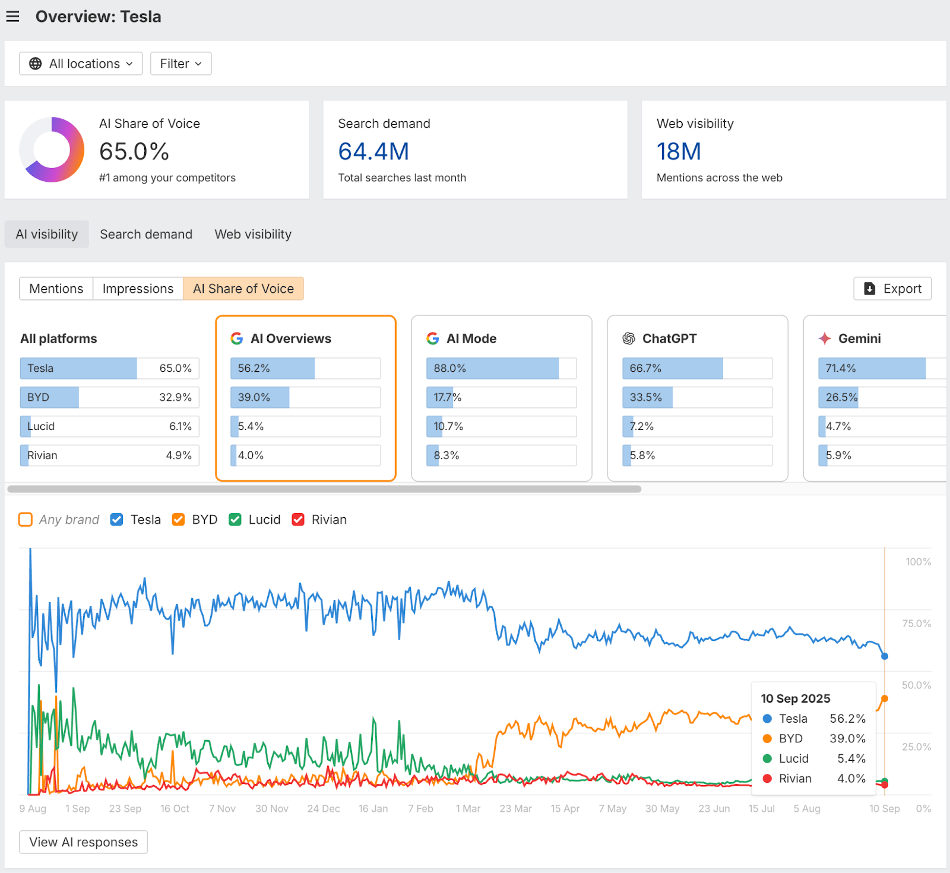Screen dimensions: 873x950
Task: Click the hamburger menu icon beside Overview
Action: pos(13,17)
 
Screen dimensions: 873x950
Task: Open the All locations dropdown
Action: pos(81,64)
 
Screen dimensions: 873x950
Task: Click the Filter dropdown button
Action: pos(181,64)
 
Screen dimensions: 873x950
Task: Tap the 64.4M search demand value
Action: pos(373,151)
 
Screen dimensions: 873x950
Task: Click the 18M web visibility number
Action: pos(679,151)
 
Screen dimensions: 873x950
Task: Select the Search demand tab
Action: pos(146,234)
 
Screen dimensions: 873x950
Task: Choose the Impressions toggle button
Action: pos(138,289)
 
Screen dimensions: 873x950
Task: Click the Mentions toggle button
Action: pos(56,289)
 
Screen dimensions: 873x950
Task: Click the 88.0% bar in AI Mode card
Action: pos(492,368)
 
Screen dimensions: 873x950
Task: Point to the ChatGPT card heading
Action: pos(669,339)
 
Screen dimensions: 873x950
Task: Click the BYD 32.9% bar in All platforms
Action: pos(109,397)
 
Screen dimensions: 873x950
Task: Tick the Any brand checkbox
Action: pos(26,520)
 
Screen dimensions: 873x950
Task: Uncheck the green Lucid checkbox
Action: pos(235,520)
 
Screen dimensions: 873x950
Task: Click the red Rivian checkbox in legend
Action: pos(298,520)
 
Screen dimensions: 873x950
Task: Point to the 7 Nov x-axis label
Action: pos(222,809)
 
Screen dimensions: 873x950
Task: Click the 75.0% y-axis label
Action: pos(916,624)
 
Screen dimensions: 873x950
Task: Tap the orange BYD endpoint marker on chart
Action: pos(885,698)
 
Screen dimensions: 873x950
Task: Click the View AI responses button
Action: pos(83,842)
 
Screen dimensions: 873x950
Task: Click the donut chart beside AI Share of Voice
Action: pos(52,150)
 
